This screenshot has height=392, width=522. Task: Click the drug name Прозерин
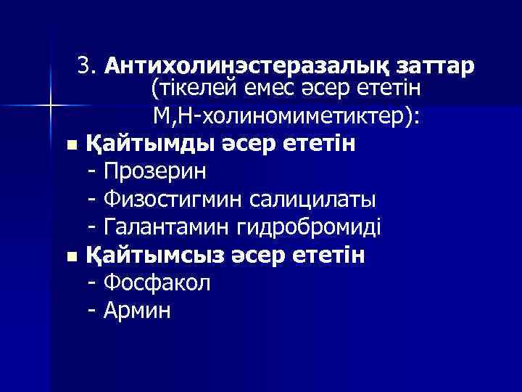(155, 172)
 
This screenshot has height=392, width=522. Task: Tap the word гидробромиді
(308, 228)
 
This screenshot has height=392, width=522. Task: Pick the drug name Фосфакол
(157, 283)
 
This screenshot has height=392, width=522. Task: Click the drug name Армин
(138, 311)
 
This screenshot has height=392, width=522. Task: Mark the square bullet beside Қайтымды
(70, 145)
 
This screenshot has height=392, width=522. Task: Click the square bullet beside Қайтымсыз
(70, 257)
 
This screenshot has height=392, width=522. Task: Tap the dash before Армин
(91, 311)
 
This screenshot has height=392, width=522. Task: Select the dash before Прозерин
(91, 172)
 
